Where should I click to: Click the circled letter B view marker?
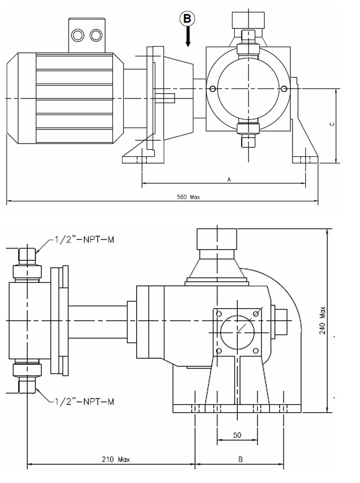(187, 19)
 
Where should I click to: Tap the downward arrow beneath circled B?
(187, 36)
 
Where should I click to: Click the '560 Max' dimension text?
(188, 197)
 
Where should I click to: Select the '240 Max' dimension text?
(322, 320)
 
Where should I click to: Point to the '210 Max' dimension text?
(116, 459)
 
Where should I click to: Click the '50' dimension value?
(237, 435)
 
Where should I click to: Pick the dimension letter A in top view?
(229, 179)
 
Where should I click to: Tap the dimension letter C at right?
(332, 124)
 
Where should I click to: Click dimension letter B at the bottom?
(241, 459)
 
